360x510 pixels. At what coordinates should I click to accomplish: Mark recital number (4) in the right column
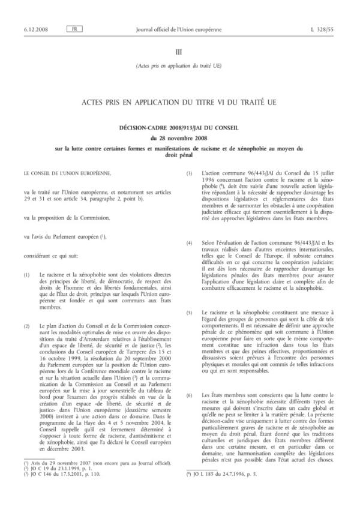[190, 242]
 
